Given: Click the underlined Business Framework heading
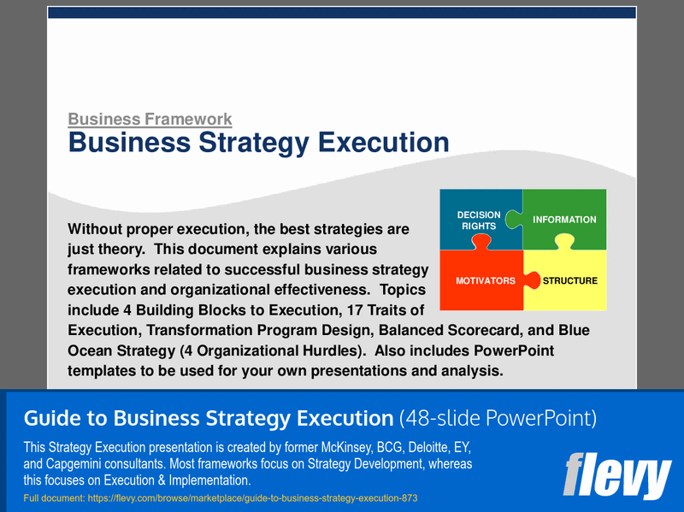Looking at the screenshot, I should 150,120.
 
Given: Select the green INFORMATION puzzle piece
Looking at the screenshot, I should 564,220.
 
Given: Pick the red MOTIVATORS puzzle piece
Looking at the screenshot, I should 484,280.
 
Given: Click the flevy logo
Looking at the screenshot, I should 617,476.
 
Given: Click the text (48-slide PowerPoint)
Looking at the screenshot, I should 498,419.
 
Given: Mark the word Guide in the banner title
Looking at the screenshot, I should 50,419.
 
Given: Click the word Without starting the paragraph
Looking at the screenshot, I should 101,229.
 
